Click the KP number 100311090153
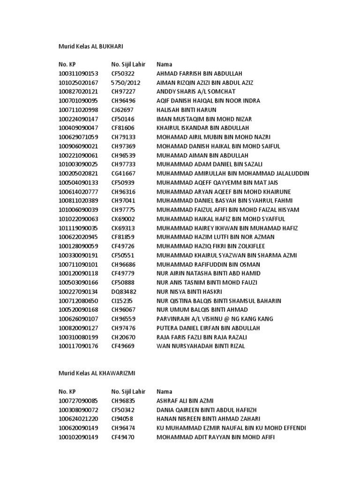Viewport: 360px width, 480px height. [78, 74]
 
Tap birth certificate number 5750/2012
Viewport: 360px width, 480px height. [126, 82]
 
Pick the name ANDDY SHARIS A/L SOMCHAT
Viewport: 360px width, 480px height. [196, 92]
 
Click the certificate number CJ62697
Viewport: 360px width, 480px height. [122, 110]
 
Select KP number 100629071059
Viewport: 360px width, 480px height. [78, 137]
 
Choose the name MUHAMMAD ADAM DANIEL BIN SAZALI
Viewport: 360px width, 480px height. [210, 165]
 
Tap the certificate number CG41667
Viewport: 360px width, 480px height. [123, 173]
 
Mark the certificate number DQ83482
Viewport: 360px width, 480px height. [123, 292]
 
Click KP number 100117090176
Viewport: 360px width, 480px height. [78, 346]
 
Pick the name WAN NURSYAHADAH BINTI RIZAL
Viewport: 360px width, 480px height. [201, 346]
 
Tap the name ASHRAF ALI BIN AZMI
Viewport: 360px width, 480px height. [185, 401]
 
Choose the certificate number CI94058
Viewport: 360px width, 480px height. [122, 419]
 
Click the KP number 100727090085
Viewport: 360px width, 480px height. [78, 401]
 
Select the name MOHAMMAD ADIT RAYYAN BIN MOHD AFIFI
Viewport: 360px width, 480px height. [216, 437]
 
